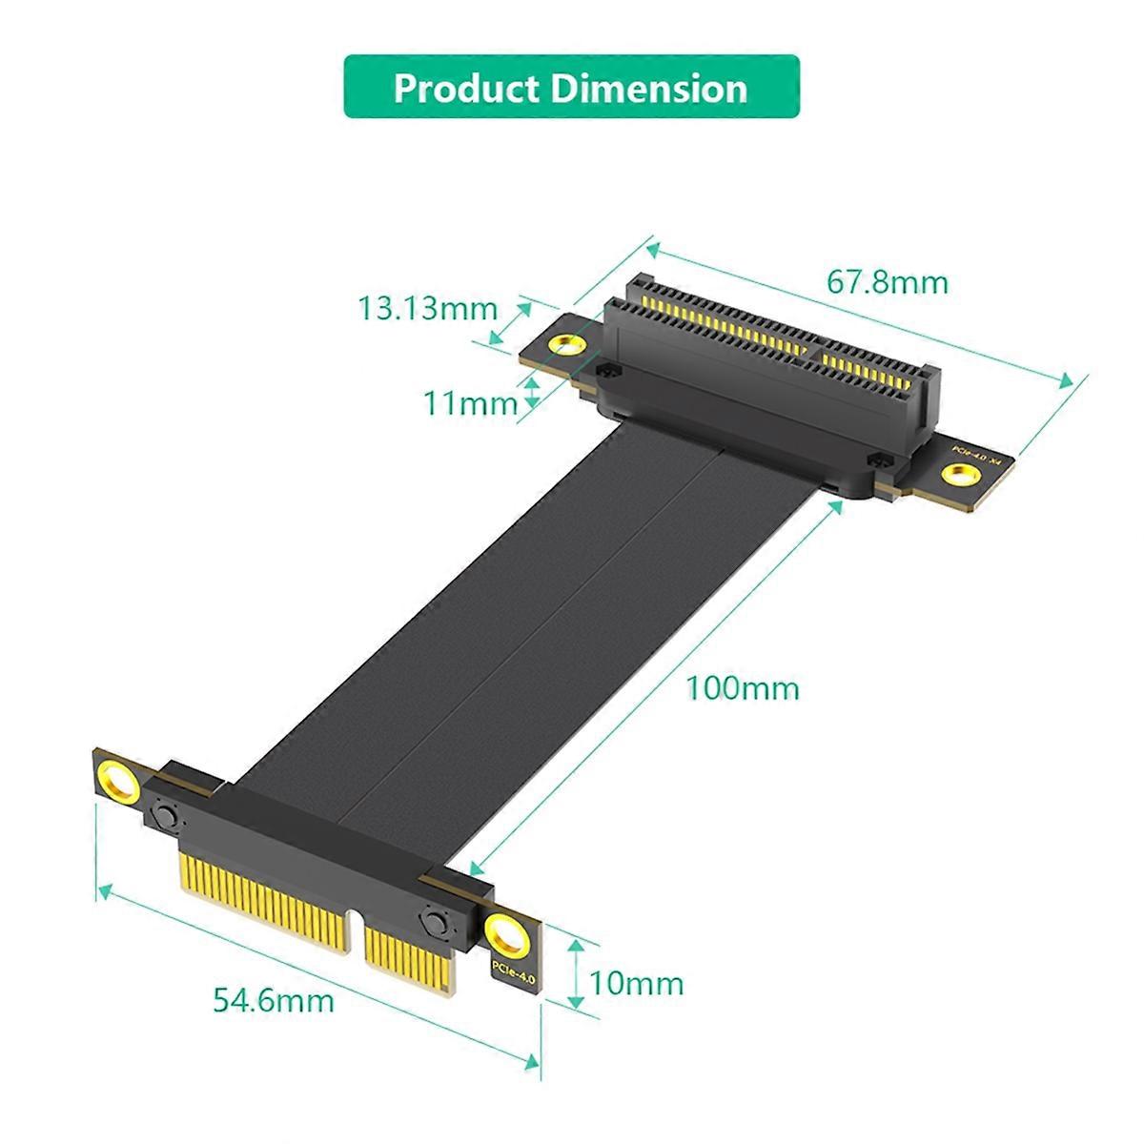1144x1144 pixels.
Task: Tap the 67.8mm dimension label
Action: click(887, 282)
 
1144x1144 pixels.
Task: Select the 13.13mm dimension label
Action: click(427, 308)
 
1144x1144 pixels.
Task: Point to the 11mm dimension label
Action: click(470, 403)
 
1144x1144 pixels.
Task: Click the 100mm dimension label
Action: click(743, 687)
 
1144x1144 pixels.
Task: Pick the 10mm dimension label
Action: click(636, 982)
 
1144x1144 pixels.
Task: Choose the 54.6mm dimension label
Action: click(273, 1000)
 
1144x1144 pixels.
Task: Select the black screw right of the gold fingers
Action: click(435, 922)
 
